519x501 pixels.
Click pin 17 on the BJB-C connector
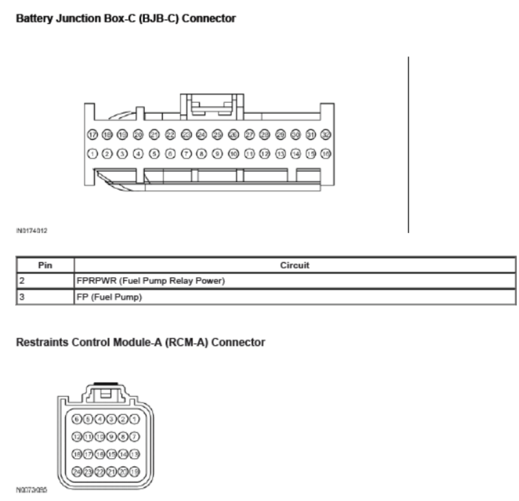(92, 134)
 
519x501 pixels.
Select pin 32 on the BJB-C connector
(326, 134)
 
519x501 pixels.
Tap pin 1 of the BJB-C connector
(92, 154)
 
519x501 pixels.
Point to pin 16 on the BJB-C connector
(326, 154)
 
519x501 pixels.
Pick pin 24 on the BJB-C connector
(201, 134)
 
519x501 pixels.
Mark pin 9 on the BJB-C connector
(217, 154)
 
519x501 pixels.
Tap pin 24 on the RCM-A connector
(76, 471)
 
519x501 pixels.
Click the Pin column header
(45, 265)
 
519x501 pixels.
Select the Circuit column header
(294, 265)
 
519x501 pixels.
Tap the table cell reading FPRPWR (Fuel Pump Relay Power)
(151, 281)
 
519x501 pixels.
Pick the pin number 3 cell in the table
(45, 297)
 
